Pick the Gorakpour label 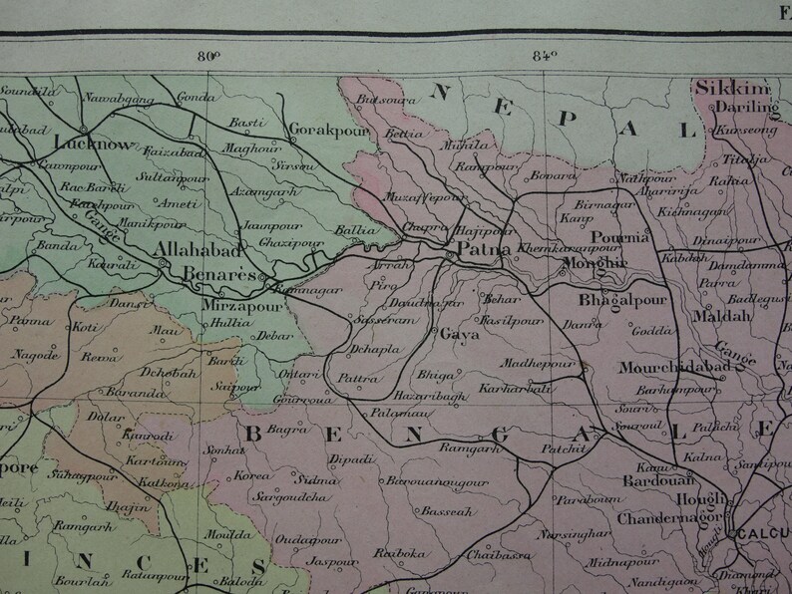click(328, 130)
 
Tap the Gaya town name click(459, 335)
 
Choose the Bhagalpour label click(628, 299)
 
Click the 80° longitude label click(209, 56)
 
